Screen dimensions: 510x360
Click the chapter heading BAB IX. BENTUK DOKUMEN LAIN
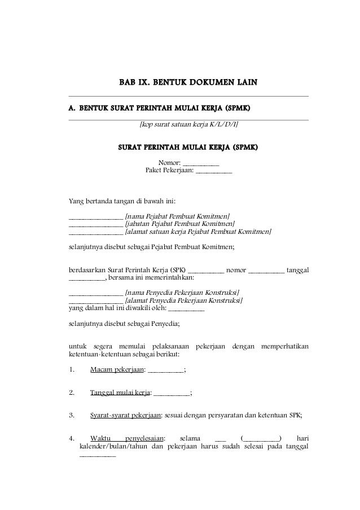[x=188, y=84]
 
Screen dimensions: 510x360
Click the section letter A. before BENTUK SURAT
[x=72, y=107]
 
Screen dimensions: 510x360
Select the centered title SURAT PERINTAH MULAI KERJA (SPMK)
[x=188, y=148]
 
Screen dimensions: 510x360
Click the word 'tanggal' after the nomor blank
[x=298, y=269]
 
